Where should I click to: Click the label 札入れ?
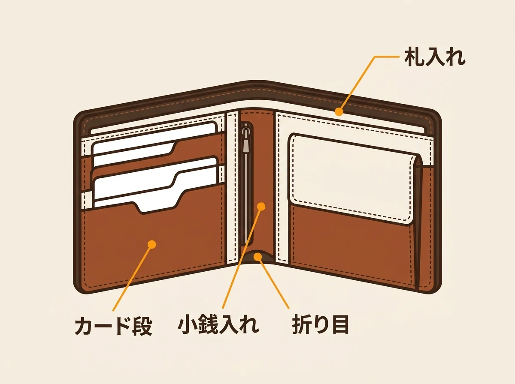(x=435, y=57)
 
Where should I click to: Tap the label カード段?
(x=113, y=326)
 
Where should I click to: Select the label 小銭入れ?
(x=218, y=325)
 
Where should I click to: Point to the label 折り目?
(x=320, y=325)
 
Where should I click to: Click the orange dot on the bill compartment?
(x=339, y=111)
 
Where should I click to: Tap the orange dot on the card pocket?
(x=152, y=244)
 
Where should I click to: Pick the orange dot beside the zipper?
(x=261, y=207)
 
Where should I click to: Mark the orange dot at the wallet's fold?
(x=258, y=257)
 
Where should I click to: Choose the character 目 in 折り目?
(x=340, y=325)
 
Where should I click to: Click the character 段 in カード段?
(x=142, y=326)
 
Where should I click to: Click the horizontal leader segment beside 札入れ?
(x=387, y=57)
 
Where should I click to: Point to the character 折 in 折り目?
(x=302, y=325)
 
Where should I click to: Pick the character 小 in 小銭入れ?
(x=187, y=325)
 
